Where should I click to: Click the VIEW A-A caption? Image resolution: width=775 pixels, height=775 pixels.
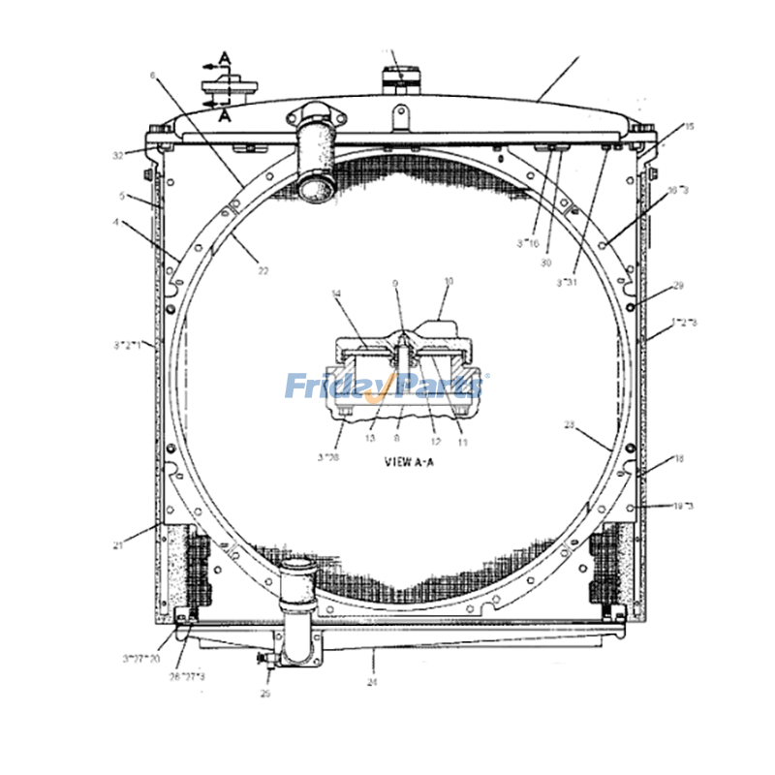pos(410,463)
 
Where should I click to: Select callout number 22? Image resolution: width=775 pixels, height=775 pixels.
pos(263,270)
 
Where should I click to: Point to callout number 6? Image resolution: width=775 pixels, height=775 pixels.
pos(152,75)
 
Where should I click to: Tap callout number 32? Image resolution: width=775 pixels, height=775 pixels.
pos(117,155)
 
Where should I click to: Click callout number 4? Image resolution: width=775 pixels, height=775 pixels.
pos(117,222)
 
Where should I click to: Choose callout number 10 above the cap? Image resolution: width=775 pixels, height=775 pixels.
pos(449,282)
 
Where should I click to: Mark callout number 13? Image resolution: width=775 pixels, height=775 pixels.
pos(370,438)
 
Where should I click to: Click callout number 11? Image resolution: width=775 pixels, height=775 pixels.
pos(462,442)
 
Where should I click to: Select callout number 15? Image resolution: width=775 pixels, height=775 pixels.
pos(689,126)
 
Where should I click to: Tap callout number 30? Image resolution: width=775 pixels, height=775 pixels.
pos(546,263)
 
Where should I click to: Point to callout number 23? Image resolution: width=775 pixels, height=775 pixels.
pos(570,424)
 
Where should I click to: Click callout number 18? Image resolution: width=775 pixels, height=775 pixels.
pos(678,459)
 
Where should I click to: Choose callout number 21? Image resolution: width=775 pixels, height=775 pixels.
pos(117,545)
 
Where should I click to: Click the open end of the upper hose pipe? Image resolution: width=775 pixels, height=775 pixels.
pos(315,186)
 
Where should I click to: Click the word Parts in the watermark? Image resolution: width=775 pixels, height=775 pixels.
pos(438,387)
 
